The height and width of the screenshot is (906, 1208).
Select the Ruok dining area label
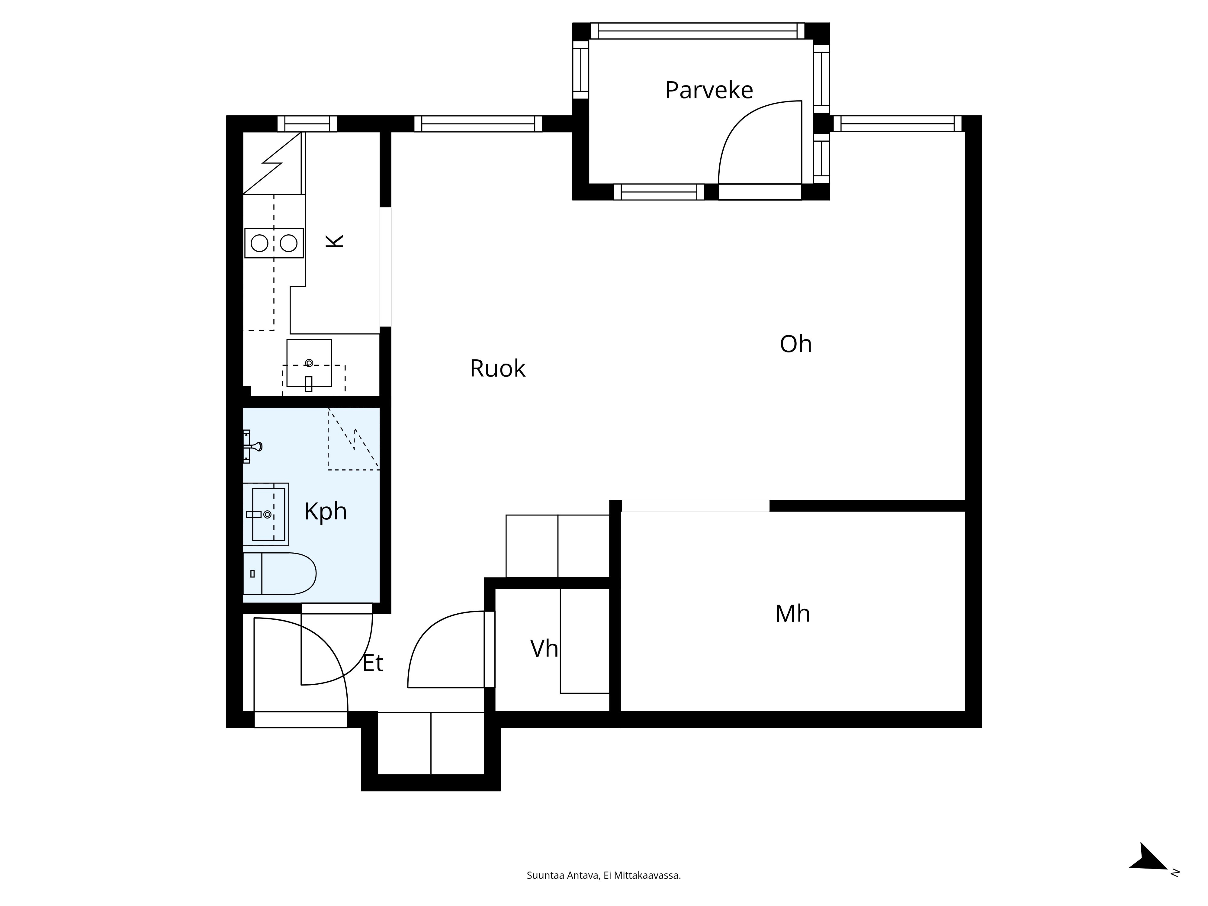tap(497, 369)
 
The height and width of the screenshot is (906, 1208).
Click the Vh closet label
tap(544, 649)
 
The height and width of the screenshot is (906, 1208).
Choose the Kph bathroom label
tap(326, 512)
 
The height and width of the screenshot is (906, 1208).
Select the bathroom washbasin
tap(266, 514)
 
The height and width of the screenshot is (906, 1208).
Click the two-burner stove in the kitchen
tap(274, 243)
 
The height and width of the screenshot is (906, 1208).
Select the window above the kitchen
tap(307, 124)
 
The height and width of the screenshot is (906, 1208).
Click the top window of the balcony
tap(697, 31)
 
